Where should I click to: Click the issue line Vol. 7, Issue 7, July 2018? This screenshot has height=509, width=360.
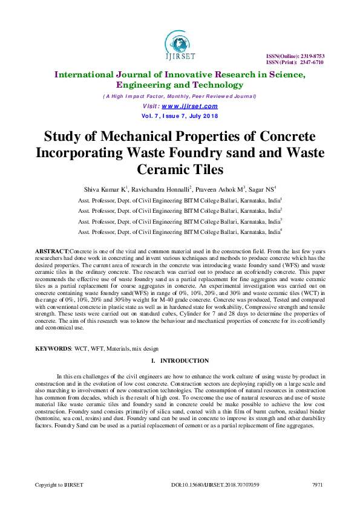[180, 116]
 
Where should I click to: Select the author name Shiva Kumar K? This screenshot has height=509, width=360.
[110, 188]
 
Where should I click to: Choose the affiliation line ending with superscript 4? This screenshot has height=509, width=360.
[180, 232]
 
